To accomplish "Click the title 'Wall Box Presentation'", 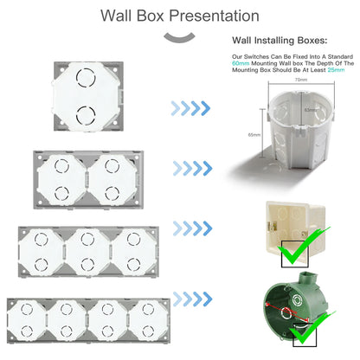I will point(179,16).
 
